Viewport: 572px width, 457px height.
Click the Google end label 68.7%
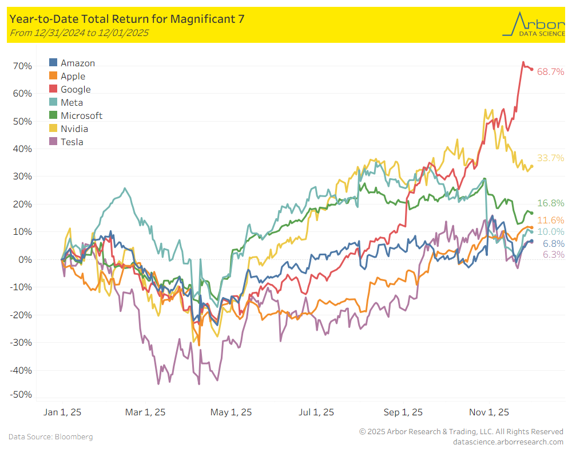pyautogui.click(x=550, y=72)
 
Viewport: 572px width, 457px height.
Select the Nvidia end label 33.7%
pyautogui.click(x=550, y=158)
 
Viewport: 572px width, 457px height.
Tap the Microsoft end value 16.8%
pyautogui.click(x=550, y=203)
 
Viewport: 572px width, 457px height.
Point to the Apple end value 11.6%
pyautogui.click(x=550, y=220)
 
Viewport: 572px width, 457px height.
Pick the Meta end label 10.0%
pyautogui.click(x=550, y=231)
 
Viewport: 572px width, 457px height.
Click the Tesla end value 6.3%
pyautogui.click(x=553, y=254)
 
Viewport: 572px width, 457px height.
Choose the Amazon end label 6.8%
pyautogui.click(x=553, y=243)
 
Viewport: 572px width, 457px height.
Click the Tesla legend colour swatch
pyautogui.click(x=53, y=141)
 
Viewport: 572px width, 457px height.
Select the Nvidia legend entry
pyautogui.click(x=74, y=129)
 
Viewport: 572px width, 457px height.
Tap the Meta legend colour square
pyautogui.click(x=53, y=102)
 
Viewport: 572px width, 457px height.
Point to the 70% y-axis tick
pyautogui.click(x=22, y=66)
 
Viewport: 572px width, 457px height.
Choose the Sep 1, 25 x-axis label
pyautogui.click(x=403, y=412)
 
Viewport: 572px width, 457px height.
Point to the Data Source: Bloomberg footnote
pyautogui.click(x=50, y=436)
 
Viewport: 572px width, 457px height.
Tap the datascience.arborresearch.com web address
pyautogui.click(x=508, y=442)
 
